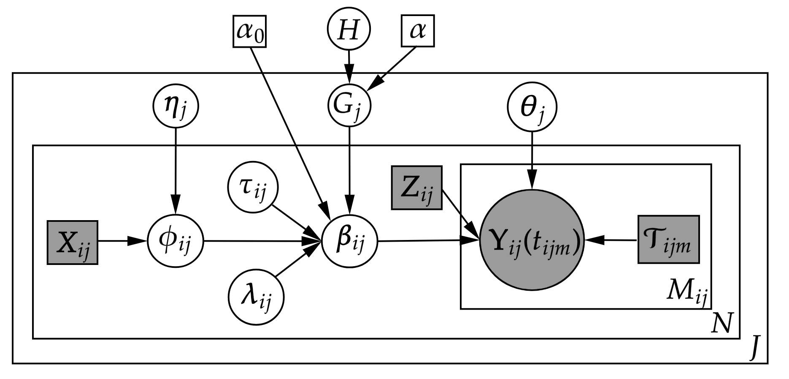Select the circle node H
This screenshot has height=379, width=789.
click(349, 30)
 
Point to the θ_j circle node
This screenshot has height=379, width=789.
click(532, 108)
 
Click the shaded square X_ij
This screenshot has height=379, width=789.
click(73, 242)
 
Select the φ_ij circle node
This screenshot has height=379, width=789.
click(175, 242)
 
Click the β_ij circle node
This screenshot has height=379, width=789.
click(349, 242)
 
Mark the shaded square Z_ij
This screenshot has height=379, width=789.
click(416, 188)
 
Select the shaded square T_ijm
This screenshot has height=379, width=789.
click(668, 240)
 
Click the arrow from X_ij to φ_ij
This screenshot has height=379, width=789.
click(122, 241)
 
